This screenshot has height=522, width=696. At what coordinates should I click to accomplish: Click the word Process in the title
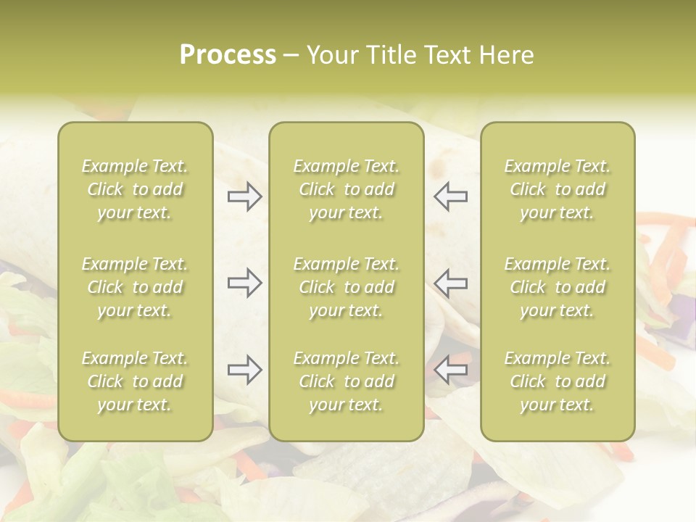click(x=228, y=55)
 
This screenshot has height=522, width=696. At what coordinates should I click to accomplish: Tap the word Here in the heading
click(x=505, y=55)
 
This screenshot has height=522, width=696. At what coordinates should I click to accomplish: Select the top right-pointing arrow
click(x=244, y=196)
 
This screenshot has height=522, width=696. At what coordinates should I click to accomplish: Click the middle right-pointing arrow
click(x=244, y=283)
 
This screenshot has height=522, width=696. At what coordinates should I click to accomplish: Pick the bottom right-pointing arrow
click(x=244, y=370)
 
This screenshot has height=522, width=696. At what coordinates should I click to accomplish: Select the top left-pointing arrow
click(x=450, y=196)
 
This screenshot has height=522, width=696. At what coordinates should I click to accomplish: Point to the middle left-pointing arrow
click(x=450, y=283)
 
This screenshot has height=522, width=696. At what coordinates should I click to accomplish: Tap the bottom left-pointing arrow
click(x=450, y=370)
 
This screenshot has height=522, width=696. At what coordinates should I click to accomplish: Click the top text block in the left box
click(x=135, y=189)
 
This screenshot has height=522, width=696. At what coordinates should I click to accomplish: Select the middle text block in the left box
click(x=135, y=287)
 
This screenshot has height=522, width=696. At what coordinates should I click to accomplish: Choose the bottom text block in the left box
click(x=135, y=381)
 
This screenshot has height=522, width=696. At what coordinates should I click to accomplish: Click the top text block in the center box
click(x=347, y=189)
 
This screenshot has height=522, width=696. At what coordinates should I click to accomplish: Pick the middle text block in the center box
click(x=347, y=287)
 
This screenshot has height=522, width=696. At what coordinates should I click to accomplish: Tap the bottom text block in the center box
click(x=347, y=381)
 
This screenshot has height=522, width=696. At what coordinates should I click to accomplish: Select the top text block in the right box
click(x=558, y=189)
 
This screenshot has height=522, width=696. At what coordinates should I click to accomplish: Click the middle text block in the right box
click(x=558, y=287)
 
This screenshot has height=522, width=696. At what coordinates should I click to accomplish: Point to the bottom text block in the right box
click(x=558, y=381)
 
